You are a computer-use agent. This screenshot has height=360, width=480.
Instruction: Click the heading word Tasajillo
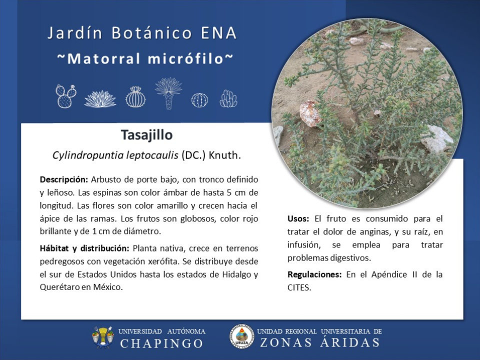click(x=146, y=135)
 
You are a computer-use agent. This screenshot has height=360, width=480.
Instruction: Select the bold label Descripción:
click(x=64, y=179)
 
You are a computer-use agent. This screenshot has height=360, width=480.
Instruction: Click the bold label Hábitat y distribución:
click(x=84, y=248)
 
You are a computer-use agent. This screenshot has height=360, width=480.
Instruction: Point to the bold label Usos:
click(x=298, y=219)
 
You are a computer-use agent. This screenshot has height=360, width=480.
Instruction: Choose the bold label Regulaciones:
click(x=314, y=274)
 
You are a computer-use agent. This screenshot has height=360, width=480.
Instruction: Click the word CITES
click(x=299, y=288)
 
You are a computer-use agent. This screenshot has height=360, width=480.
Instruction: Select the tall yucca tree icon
click(x=168, y=93)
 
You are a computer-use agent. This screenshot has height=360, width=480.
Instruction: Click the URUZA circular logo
click(x=242, y=336)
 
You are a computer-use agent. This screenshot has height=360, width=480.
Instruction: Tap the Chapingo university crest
click(x=102, y=337)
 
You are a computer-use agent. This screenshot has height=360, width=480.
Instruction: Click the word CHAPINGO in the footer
click(x=161, y=343)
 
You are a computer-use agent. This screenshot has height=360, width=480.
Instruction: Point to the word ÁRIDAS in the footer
click(x=349, y=342)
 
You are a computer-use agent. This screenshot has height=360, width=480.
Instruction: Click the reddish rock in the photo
click(x=310, y=113)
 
